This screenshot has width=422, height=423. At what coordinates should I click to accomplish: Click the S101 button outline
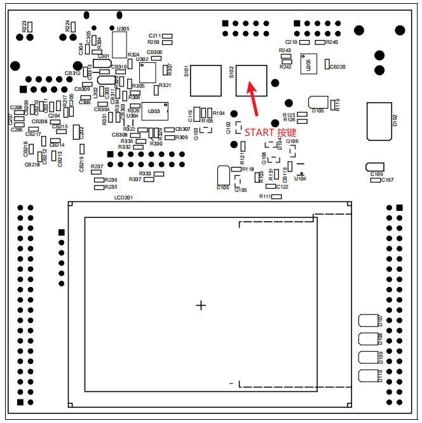pos(206,80)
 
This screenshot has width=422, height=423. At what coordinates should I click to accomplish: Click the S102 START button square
pos(251,80)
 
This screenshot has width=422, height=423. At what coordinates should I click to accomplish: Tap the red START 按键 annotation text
pos(271,132)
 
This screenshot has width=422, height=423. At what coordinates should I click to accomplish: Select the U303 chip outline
pos(154,111)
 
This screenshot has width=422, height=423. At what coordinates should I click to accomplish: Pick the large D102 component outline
pos(379,120)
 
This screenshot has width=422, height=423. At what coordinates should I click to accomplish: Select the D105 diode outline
pos(317,102)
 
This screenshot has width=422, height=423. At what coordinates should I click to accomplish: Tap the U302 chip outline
pos(147,72)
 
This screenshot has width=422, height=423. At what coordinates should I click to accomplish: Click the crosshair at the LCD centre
pos(201,305)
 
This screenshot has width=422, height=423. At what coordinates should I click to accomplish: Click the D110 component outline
pos(369,375)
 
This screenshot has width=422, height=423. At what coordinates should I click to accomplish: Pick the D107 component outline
pos(369,321)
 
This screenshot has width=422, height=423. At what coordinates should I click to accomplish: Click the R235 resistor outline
pos(98,187)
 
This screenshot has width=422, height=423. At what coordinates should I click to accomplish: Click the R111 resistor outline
pos(276,197)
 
